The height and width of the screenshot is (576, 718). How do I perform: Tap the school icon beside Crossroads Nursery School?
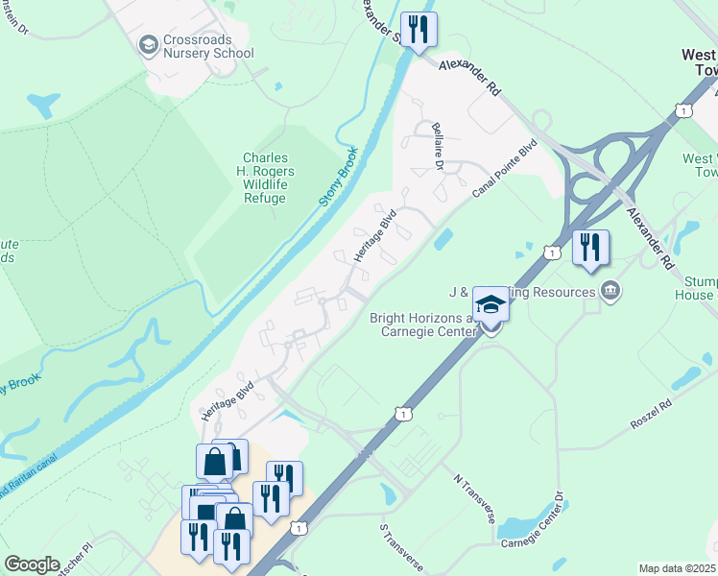click(149, 44)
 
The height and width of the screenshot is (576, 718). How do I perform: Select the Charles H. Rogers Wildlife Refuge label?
click(268, 178)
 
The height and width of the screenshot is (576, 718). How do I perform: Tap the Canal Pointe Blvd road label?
click(503, 172)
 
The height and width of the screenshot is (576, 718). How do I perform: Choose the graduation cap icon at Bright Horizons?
click(491, 304)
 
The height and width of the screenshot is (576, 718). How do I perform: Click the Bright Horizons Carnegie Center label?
click(423, 324)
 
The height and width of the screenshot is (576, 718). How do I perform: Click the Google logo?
click(32, 564)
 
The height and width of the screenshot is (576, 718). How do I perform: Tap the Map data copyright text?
click(678, 568)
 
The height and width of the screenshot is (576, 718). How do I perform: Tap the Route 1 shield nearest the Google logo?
click(299, 527)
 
